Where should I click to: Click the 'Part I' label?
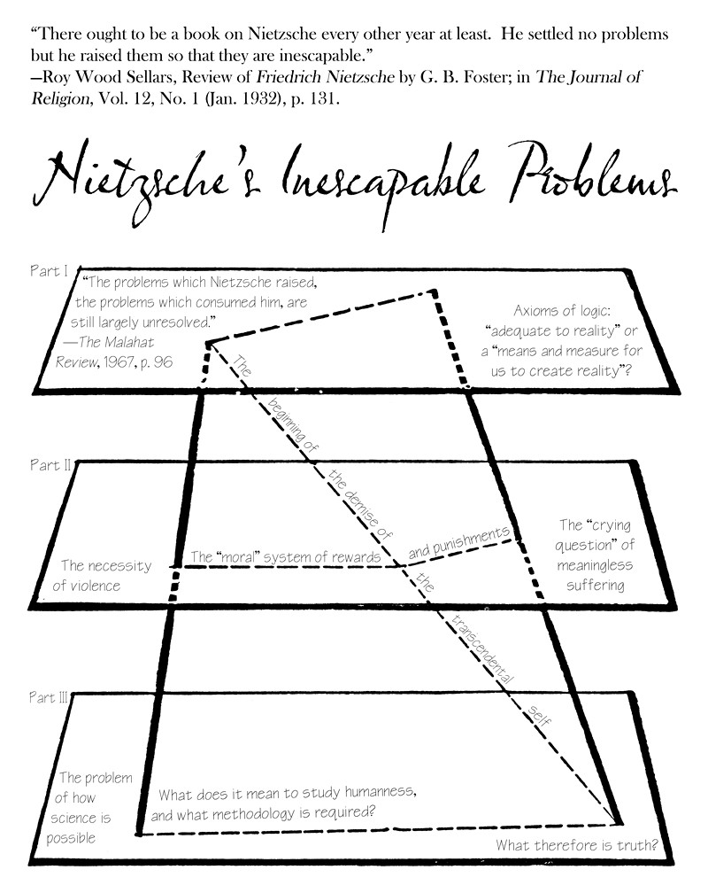click(48, 271)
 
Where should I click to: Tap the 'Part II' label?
click(49, 465)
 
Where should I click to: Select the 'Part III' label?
click(50, 698)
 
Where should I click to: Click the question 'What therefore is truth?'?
click(577, 845)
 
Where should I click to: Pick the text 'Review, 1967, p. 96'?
click(115, 361)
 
